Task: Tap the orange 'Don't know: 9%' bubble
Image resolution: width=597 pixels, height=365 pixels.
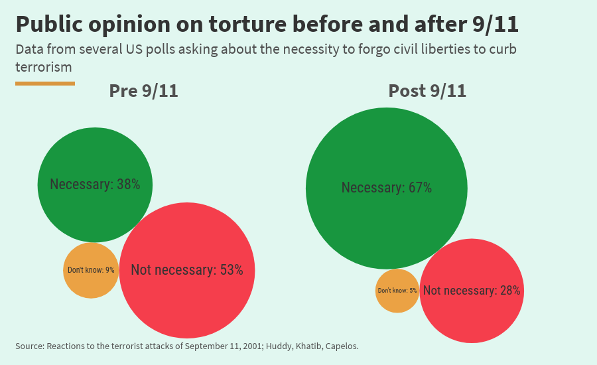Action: point(91,270)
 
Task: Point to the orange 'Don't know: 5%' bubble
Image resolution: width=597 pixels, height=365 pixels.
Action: point(397,291)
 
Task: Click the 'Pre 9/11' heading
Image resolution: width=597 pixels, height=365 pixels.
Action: point(143,91)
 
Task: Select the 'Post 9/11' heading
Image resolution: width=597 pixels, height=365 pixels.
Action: point(427,91)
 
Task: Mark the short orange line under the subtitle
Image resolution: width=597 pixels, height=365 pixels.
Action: point(44,83)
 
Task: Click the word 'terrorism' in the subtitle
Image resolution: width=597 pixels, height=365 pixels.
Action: point(43,67)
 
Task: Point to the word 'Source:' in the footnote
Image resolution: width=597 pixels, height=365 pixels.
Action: point(29,346)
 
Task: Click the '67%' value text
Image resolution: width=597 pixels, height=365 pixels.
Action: point(420,188)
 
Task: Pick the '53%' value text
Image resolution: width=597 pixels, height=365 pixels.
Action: point(232,270)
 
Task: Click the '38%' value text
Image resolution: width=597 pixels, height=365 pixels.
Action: point(128,184)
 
